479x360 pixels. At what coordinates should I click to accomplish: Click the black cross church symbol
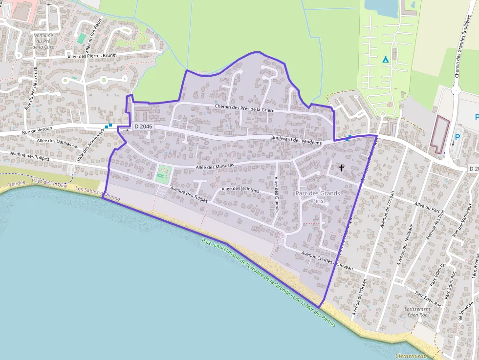click(342, 168)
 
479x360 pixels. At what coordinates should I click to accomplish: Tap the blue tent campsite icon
click(385, 60)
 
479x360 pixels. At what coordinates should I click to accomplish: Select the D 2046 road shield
click(143, 127)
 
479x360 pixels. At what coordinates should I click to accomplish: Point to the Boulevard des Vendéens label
click(296, 140)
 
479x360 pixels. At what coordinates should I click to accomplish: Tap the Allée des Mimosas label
click(215, 166)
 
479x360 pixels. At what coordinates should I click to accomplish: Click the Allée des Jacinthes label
click(240, 189)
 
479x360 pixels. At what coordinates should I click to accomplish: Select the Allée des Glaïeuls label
click(277, 194)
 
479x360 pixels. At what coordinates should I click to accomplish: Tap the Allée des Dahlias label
click(54, 142)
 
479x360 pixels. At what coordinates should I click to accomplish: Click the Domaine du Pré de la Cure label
click(43, 41)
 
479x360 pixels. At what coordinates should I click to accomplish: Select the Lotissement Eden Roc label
click(417, 312)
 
